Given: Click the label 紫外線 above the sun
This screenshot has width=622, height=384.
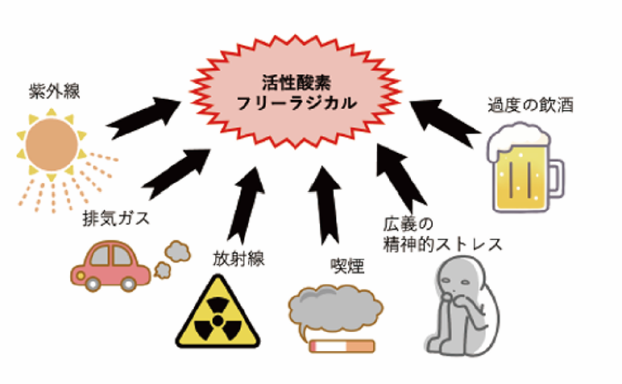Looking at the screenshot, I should pyautogui.click(x=54, y=93).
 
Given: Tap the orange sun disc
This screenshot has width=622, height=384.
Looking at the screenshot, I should pyautogui.click(x=52, y=144).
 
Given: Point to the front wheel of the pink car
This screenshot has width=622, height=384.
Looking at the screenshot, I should pyautogui.click(x=92, y=283).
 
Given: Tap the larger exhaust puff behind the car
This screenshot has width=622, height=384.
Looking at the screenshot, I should pyautogui.click(x=177, y=249).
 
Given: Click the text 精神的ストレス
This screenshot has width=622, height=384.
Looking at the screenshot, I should pyautogui.click(x=443, y=244).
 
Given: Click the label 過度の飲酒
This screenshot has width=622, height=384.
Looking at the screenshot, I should pyautogui.click(x=530, y=106).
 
